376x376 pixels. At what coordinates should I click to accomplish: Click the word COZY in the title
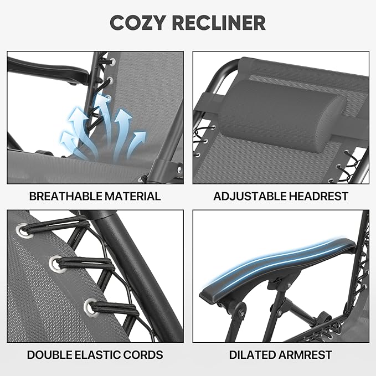[x=138, y=23]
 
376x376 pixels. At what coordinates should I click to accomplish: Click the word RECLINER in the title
[x=219, y=23]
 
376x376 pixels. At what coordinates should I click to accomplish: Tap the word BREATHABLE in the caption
[x=66, y=196]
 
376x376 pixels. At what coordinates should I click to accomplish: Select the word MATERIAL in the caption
[x=132, y=196]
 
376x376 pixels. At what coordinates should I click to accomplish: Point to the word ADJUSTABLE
[x=250, y=196]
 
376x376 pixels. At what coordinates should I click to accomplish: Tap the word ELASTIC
[x=99, y=355]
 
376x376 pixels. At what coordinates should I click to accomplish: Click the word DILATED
[x=253, y=355]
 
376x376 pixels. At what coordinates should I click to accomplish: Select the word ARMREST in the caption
[x=305, y=355]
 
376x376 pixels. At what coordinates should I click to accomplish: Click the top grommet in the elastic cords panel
[x=25, y=231]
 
